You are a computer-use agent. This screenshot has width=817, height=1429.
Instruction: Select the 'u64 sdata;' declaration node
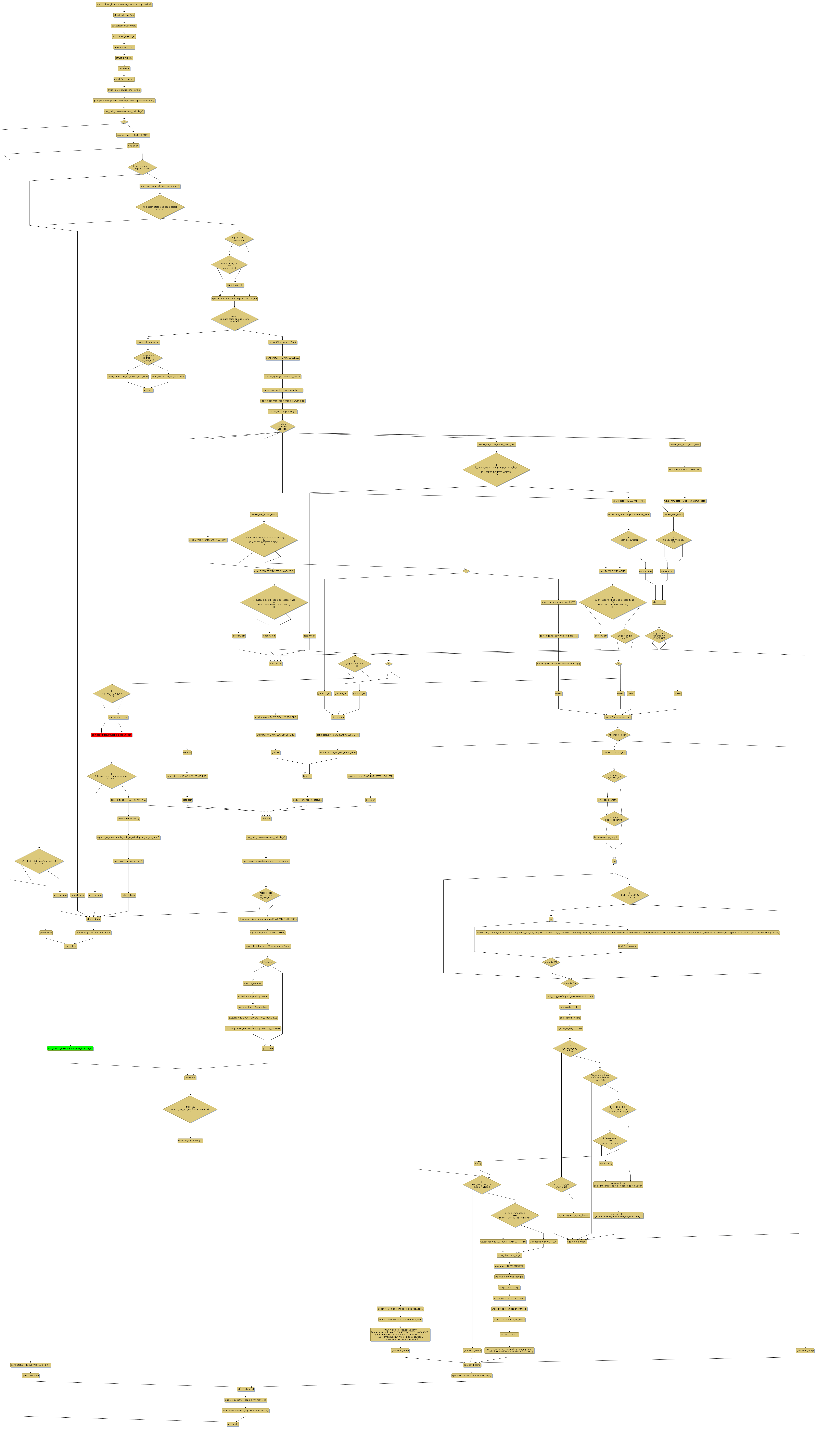(x=124, y=69)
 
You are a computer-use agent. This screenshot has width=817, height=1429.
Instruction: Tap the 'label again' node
(x=133, y=145)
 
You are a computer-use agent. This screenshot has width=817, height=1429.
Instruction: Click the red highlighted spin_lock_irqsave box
(x=112, y=734)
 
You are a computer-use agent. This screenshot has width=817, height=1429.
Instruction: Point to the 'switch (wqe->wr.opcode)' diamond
(x=282, y=426)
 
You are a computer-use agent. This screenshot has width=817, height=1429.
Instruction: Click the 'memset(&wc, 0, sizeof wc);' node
(x=282, y=342)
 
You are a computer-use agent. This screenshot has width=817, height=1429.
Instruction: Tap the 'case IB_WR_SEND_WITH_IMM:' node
(x=685, y=444)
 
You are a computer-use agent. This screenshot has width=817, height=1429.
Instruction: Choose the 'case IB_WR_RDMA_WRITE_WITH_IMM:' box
(x=496, y=444)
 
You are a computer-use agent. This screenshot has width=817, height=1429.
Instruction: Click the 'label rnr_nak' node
(x=659, y=602)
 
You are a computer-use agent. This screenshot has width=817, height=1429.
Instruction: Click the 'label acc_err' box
(x=338, y=717)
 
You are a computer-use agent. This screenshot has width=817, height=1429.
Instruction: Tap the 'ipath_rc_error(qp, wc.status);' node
(x=307, y=800)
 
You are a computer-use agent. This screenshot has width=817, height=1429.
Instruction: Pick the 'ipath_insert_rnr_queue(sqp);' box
(x=128, y=861)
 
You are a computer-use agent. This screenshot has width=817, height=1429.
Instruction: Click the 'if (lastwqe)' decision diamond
(x=268, y=962)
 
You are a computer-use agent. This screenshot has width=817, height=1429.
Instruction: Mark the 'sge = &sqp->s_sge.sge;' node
(x=618, y=717)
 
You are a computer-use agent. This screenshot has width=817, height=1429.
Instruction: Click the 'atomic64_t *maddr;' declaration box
(x=124, y=79)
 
